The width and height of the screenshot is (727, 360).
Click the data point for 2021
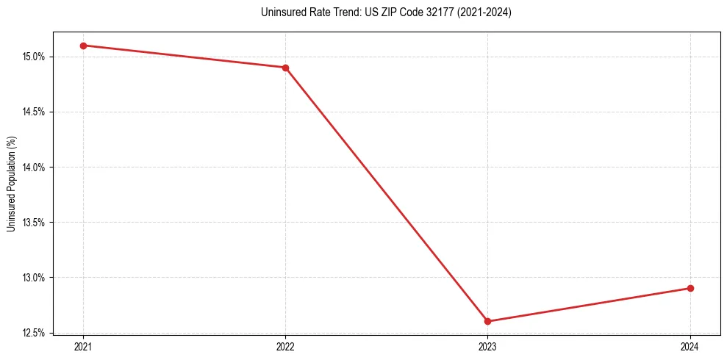[83, 46]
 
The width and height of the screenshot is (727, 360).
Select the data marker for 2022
[285, 68]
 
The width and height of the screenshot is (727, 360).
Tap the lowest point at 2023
[487, 321]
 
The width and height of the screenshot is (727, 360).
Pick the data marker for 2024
[690, 288]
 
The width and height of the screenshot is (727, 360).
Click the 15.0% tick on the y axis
[34, 57]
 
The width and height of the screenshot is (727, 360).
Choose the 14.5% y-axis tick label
[34, 112]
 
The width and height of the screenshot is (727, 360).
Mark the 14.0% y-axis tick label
[34, 167]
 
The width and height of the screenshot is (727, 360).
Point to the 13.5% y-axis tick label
[34, 222]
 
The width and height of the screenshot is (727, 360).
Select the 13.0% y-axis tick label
[34, 278]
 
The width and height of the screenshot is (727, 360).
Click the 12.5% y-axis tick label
[34, 333]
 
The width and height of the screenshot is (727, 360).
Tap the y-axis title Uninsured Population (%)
[11, 183]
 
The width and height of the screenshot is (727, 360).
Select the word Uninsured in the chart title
[280, 12]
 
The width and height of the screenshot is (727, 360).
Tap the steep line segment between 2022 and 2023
[386, 194]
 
